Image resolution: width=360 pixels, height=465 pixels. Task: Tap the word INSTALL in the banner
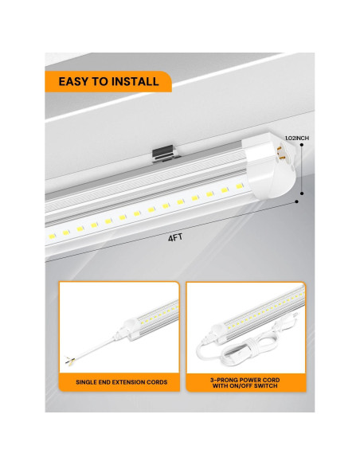click(x=139, y=81)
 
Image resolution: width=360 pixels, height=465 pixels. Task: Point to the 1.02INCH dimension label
click(x=297, y=139)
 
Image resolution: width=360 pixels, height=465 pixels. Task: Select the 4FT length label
click(x=175, y=237)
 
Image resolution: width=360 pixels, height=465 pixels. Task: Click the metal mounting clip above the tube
click(x=165, y=155)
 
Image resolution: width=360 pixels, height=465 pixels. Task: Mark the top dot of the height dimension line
click(x=302, y=145)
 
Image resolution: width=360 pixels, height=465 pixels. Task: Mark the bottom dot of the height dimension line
click(x=302, y=193)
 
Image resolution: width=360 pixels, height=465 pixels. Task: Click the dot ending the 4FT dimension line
click(x=297, y=201)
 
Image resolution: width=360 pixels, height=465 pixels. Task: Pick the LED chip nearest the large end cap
click(x=239, y=186)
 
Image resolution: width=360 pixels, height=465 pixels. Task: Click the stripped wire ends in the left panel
click(x=70, y=361)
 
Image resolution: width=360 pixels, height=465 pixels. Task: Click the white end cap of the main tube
click(x=269, y=166)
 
